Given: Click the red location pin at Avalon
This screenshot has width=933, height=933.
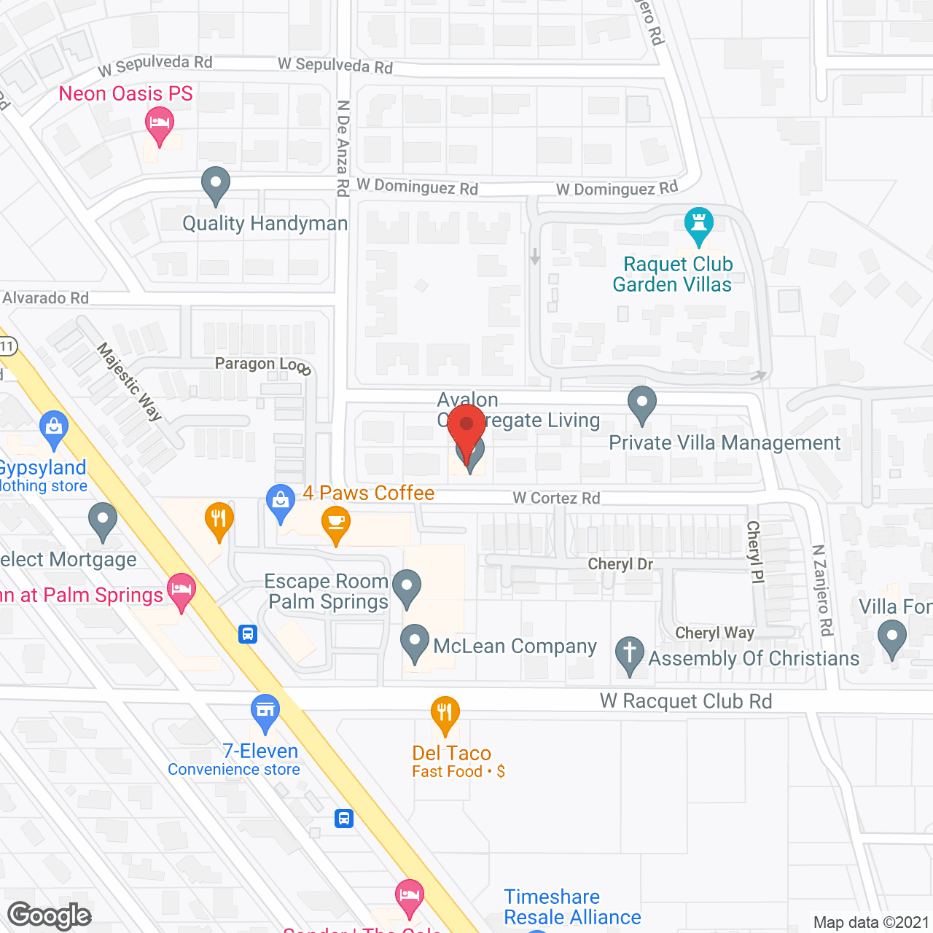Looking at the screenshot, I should tap(466, 426).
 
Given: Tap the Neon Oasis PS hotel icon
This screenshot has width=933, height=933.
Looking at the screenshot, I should tap(158, 123).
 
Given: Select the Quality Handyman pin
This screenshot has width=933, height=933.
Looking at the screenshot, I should tap(215, 184).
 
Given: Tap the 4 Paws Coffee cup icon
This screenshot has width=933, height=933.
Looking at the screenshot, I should tap(335, 523).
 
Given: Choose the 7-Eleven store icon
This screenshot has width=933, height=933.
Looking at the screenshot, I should tap(265, 711).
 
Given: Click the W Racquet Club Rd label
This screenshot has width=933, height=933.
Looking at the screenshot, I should tap(685, 701).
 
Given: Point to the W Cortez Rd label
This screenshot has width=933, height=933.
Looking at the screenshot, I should tap(556, 498).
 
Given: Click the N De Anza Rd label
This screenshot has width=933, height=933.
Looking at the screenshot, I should tap(343, 148).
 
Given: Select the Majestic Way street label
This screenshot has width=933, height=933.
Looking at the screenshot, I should tap(130, 382).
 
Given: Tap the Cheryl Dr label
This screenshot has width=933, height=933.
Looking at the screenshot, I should tap(620, 564).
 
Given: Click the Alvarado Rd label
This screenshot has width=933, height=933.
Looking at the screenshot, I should tap(45, 298).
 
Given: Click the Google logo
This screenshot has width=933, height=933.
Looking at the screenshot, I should tap(50, 916).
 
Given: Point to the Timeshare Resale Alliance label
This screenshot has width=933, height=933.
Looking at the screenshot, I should tap(572, 907).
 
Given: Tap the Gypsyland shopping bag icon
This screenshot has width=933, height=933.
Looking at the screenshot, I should tap(54, 428).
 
